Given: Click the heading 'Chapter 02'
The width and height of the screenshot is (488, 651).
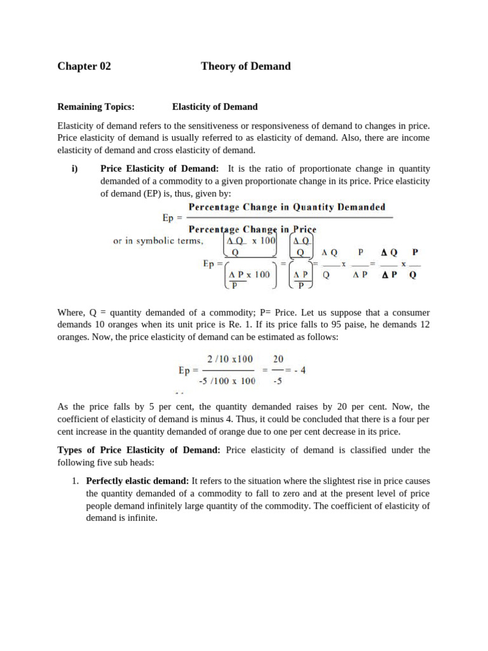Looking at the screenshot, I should click(84, 66).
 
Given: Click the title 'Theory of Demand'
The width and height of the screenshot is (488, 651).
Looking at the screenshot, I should click(245, 66).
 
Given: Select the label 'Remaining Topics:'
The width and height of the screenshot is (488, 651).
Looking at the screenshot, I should click(96, 107).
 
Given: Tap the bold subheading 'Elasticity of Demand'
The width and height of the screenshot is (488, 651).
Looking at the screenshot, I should click(215, 107).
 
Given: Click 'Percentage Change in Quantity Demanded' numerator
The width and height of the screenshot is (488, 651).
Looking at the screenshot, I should click(286, 207).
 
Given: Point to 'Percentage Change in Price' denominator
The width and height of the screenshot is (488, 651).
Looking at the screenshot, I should click(250, 229).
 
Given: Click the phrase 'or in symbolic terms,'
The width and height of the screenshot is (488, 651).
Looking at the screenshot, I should click(158, 241).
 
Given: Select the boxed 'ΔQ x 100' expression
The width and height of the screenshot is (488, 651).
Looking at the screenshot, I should click(250, 241).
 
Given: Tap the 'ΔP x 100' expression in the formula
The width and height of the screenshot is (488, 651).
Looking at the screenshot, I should click(249, 275).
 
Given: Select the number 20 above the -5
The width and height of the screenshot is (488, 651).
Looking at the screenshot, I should click(278, 359).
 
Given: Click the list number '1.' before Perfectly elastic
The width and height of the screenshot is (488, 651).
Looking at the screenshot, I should click(74, 481).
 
